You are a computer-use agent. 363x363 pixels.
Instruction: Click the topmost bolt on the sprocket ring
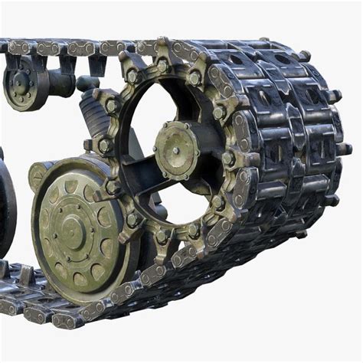click(x=162, y=65)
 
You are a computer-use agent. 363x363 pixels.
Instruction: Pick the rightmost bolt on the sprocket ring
click(x=228, y=158)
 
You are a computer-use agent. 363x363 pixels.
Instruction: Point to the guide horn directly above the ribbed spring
click(x=96, y=66)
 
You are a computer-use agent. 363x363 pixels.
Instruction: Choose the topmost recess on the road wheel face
click(x=70, y=186)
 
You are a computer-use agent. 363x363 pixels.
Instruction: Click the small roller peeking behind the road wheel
click(x=38, y=175)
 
